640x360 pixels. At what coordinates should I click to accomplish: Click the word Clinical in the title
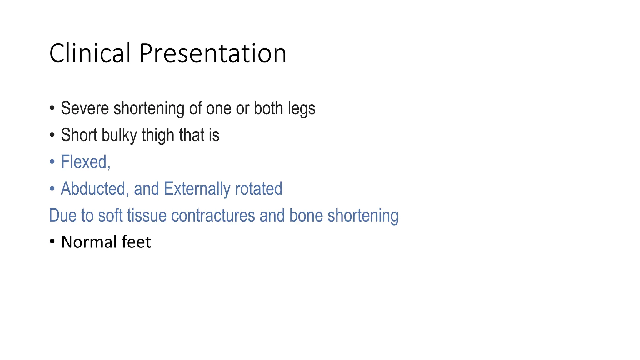click(90, 53)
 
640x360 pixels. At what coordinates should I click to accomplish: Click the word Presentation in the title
click(212, 53)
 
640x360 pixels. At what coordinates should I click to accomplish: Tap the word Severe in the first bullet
click(85, 108)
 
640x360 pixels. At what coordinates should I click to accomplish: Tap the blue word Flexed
click(84, 162)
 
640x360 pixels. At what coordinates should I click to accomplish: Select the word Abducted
click(93, 189)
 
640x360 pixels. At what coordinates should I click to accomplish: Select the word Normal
click(89, 242)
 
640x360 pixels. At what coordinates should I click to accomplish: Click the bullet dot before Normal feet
click(52, 242)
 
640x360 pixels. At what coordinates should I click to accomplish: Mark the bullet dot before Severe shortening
click(52, 108)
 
